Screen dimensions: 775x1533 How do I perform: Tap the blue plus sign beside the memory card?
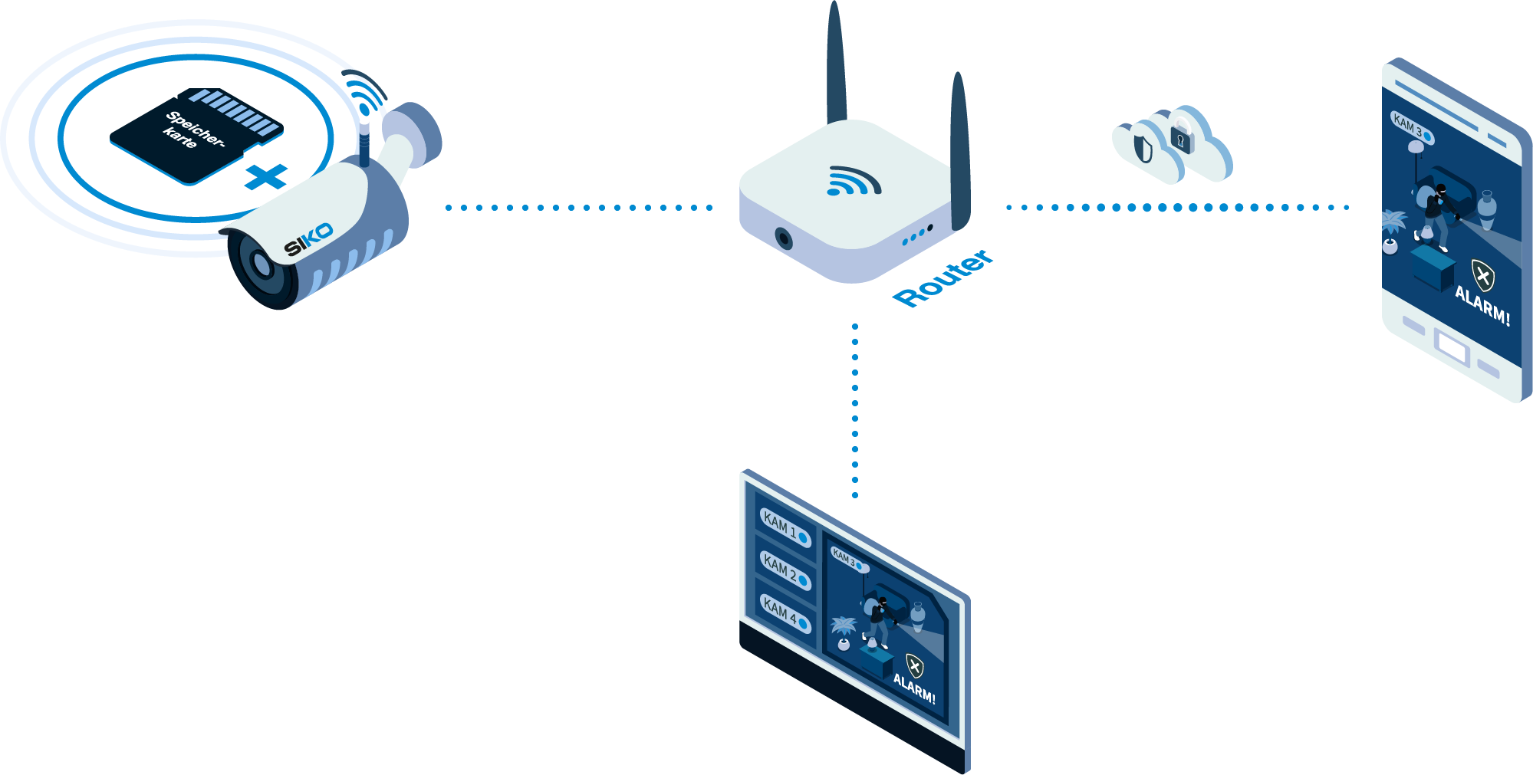click(x=266, y=178)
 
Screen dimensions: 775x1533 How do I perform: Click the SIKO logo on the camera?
click(x=308, y=238)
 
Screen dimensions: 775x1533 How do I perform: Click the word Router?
click(x=943, y=277)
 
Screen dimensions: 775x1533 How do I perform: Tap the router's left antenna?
click(x=836, y=65)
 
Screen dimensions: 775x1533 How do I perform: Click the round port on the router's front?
click(x=783, y=238)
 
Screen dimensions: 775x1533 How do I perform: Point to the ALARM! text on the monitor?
click(x=914, y=688)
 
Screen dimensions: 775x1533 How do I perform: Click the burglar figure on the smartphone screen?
click(x=1434, y=215)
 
